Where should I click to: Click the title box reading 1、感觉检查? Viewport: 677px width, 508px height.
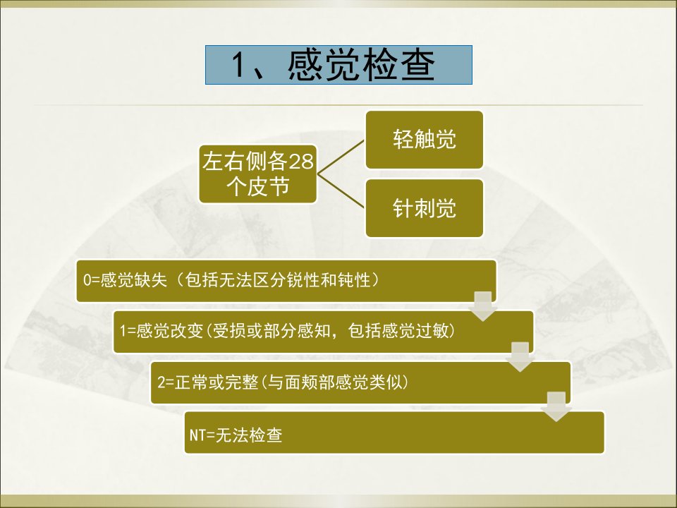click(338, 65)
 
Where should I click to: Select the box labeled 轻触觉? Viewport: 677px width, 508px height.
click(424, 140)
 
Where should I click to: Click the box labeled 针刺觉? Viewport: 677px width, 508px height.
click(424, 208)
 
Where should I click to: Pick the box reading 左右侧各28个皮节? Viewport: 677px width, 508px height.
click(258, 174)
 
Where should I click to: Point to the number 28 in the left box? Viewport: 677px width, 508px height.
click(300, 162)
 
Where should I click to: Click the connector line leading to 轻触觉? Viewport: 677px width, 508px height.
click(341, 157)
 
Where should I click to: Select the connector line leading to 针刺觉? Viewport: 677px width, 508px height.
click(341, 191)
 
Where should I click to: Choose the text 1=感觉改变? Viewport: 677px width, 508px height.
click(161, 331)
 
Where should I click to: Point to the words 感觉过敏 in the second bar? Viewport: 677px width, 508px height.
click(415, 331)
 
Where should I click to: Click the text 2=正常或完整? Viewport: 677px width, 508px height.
click(207, 382)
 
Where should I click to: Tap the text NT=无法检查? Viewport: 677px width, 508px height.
click(236, 435)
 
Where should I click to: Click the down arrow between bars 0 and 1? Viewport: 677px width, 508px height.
click(483, 306)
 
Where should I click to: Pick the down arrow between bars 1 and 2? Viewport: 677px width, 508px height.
click(520, 357)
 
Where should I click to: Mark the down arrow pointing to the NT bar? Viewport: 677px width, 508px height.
click(557, 407)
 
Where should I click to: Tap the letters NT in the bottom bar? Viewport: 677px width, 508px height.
click(197, 435)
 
